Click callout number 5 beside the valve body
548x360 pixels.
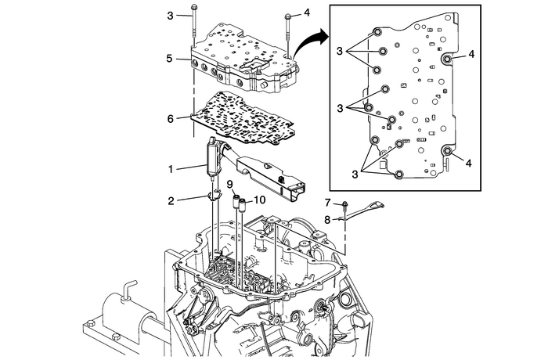pos(170,58)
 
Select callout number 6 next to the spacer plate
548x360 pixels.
pos(170,119)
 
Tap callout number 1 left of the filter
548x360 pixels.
pos(171,170)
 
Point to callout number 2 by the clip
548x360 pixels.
pos(171,201)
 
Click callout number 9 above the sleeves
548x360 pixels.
pos(229,184)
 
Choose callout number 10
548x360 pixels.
pos(260,200)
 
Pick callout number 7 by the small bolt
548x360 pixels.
pos(327,203)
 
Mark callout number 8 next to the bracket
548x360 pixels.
pos(327,220)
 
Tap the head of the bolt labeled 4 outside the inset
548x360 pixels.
pos(288,16)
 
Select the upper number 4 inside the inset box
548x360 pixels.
pos(471,54)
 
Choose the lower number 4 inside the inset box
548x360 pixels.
pos(469,163)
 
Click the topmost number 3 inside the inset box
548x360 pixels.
pos(340,51)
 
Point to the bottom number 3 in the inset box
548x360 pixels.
pos(355,174)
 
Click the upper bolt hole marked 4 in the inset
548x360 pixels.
pos(447,59)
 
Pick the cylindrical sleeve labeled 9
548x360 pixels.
pos(236,201)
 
